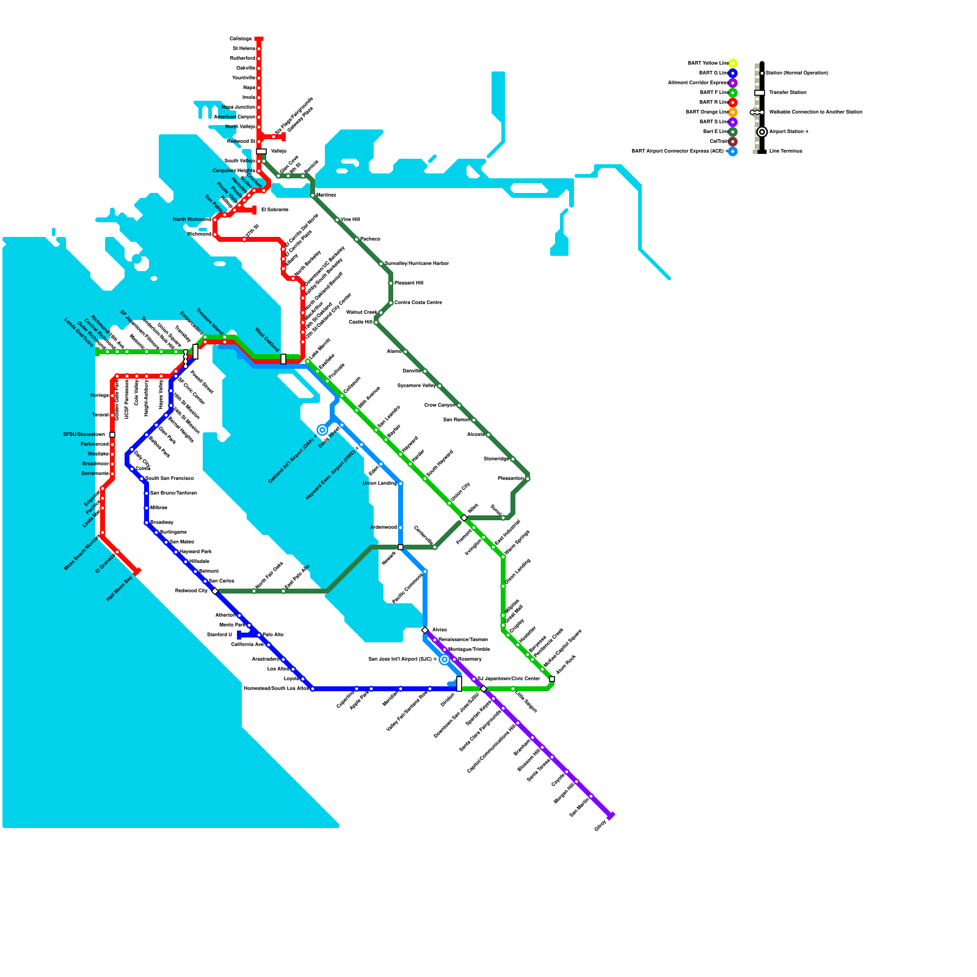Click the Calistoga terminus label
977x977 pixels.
240,39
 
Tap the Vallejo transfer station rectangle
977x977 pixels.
261,151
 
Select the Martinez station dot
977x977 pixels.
313,195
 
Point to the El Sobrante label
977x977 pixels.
275,210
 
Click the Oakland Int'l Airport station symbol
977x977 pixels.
322,430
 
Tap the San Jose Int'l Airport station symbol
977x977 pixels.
445,659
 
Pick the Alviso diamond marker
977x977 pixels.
425,630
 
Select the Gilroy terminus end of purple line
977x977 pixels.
611,816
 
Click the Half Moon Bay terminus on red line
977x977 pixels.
137,572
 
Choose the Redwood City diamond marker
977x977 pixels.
215,591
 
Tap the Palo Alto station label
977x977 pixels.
274,635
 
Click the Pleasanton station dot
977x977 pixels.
528,479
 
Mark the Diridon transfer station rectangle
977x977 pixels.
459,684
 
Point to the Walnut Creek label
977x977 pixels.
361,313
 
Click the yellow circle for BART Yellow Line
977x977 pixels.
733,64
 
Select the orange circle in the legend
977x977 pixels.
733,112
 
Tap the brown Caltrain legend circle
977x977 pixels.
733,142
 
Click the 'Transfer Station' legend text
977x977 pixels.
788,93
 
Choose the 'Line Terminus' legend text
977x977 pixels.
786,151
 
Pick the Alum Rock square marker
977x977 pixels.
552,679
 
